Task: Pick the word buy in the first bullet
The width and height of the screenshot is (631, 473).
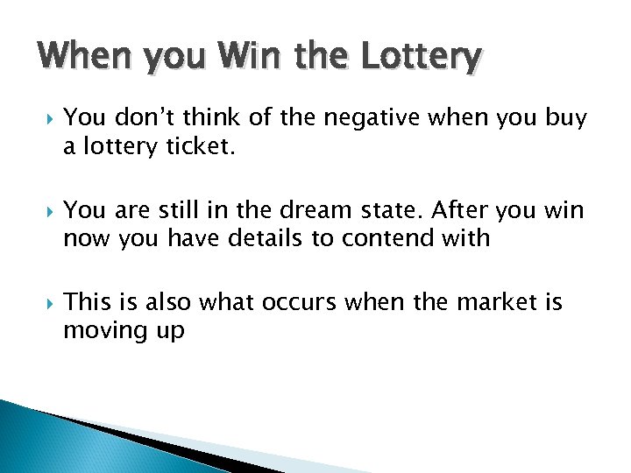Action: (x=565, y=119)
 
